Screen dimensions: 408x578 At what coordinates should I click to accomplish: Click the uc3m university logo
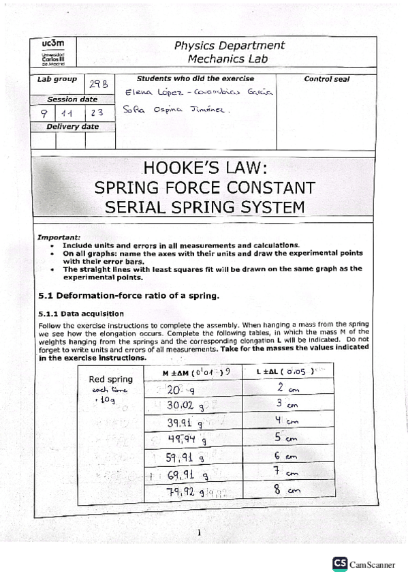pyautogui.click(x=53, y=52)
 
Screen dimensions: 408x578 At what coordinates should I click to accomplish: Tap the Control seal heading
pyautogui.click(x=326, y=79)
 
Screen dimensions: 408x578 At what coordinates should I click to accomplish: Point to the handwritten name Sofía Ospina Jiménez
pyautogui.click(x=177, y=110)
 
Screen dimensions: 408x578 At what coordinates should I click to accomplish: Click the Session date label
pyautogui.click(x=72, y=100)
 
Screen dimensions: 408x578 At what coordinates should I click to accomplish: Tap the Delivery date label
pyautogui.click(x=72, y=127)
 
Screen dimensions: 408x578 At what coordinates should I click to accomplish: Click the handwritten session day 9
pyautogui.click(x=44, y=113)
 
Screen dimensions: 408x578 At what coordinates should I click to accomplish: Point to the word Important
pyautogui.click(x=59, y=237)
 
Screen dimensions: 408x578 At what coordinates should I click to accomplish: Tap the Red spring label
pyautogui.click(x=110, y=379)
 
